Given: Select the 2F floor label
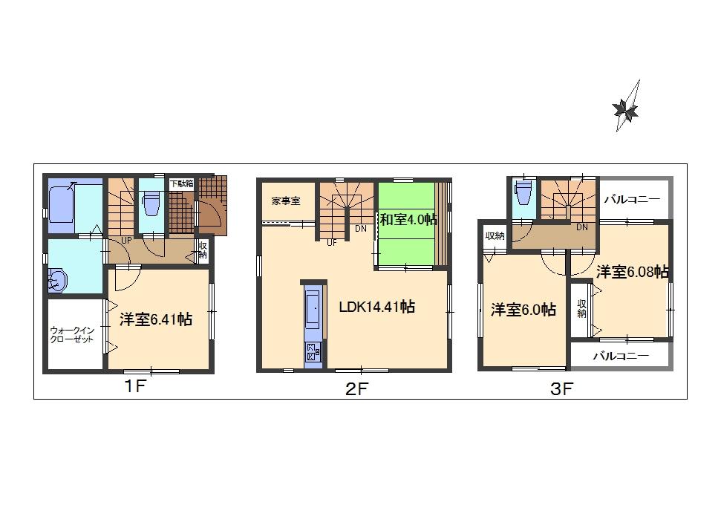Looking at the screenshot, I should click(x=356, y=388).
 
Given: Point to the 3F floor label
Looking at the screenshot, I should click(x=561, y=388).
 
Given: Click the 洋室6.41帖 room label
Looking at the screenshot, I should click(x=157, y=319).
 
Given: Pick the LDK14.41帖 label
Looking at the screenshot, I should click(x=376, y=306).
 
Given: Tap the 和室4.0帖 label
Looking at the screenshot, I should click(x=408, y=220).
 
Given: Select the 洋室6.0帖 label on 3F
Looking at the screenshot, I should click(x=523, y=310).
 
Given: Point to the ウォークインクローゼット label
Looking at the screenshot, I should click(x=72, y=334).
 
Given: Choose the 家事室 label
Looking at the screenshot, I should click(x=285, y=201).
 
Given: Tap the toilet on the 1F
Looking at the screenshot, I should click(x=151, y=202).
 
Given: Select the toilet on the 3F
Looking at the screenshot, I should click(x=523, y=193).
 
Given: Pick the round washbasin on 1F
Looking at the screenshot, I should click(x=57, y=281).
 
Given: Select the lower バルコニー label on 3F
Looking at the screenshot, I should click(x=621, y=356).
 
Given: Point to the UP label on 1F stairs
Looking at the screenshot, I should click(x=126, y=241).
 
